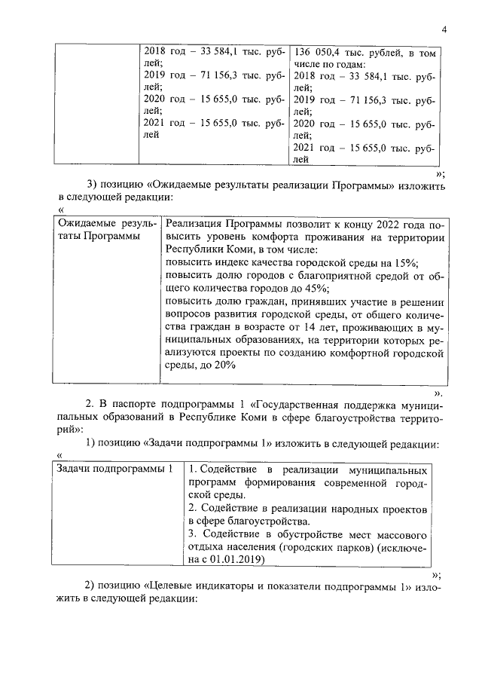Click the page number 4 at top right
click(x=444, y=29)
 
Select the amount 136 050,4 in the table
click(x=317, y=52)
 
